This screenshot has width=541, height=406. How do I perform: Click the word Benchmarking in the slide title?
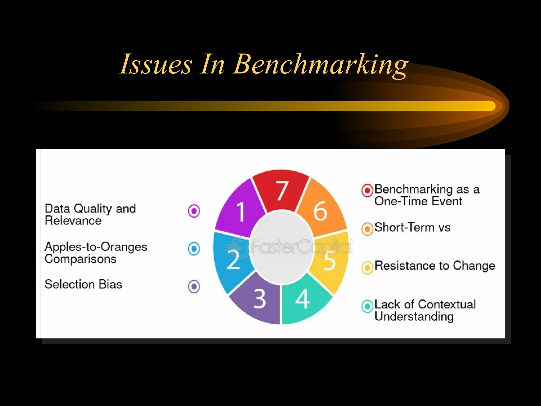tap(321, 64)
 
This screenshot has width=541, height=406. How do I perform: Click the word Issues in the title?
tap(156, 64)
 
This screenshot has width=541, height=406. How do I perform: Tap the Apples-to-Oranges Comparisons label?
tap(96, 252)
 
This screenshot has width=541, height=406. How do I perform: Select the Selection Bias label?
tap(83, 284)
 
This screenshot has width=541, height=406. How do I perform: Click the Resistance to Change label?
tap(435, 266)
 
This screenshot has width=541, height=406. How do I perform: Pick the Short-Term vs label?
tap(412, 228)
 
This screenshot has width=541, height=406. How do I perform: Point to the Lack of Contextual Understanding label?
tap(425, 310)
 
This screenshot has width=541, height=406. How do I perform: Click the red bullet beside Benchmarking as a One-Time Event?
tap(367, 190)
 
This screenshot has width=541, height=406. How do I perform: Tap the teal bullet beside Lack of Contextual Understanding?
tap(367, 306)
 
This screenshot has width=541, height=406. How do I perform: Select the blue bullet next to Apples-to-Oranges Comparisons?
tap(194, 249)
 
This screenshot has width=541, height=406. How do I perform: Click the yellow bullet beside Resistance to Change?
tap(367, 267)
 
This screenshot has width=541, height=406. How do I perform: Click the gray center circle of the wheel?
tap(281, 247)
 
